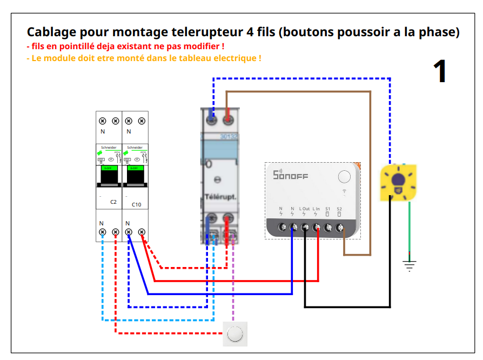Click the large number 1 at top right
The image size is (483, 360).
coord(440,71)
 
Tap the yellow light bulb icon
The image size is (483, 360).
coord(399,181)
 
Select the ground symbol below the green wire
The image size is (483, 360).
coord(410,265)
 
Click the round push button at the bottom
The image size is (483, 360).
coord(236,334)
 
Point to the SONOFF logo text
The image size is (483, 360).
coord(290,175)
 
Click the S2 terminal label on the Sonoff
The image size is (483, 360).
coord(339,209)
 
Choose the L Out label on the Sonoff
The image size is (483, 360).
coord(304,209)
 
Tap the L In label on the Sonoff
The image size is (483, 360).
coord(316,209)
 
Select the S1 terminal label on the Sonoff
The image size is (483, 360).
coord(328,209)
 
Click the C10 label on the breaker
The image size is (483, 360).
coord(136,204)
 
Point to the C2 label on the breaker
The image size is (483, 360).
coord(113,202)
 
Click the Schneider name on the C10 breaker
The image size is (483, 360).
coord(135,146)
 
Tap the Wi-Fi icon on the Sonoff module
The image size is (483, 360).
coord(344,191)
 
